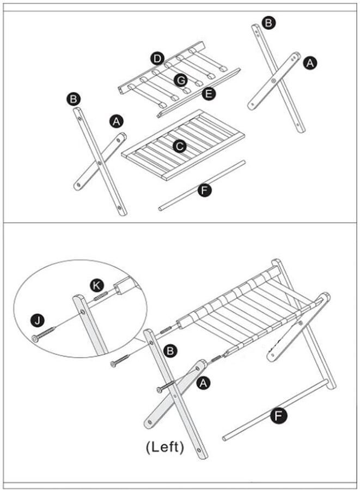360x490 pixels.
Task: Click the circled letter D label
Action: point(157,59)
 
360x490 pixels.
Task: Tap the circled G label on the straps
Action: point(181,81)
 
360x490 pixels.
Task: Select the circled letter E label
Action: point(209,94)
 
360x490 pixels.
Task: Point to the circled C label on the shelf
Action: point(180,146)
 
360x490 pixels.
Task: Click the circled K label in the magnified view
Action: point(97,285)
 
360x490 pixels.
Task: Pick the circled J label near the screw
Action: point(38,321)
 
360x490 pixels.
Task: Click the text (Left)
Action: point(164,447)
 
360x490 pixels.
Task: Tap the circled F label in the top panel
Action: point(205,190)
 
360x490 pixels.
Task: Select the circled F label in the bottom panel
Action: point(278,415)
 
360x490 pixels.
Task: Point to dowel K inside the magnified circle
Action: point(101,296)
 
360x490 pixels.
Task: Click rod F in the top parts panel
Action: point(202,186)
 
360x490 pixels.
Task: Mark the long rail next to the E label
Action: point(199,93)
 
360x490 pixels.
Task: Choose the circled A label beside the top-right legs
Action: point(310,63)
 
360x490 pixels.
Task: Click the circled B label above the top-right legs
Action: point(269,23)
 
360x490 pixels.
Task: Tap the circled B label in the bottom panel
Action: point(170,351)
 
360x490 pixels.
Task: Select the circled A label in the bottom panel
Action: point(203,383)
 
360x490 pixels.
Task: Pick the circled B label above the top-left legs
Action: point(74,99)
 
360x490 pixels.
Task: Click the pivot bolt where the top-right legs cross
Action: point(274,81)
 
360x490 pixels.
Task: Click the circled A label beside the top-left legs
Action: point(116,121)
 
